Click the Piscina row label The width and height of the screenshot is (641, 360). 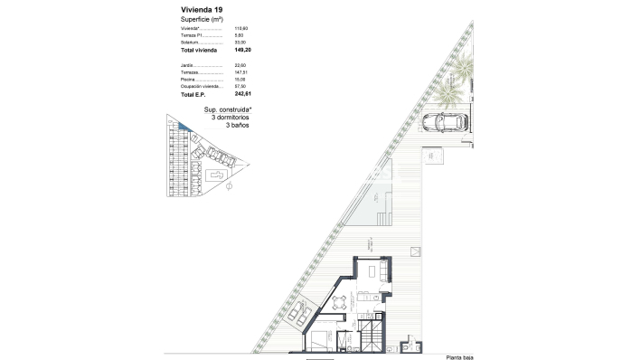[188, 79]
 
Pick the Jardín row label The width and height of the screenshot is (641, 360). [187, 65]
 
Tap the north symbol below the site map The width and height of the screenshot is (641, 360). [229, 187]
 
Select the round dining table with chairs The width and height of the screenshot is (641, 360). [340, 302]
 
